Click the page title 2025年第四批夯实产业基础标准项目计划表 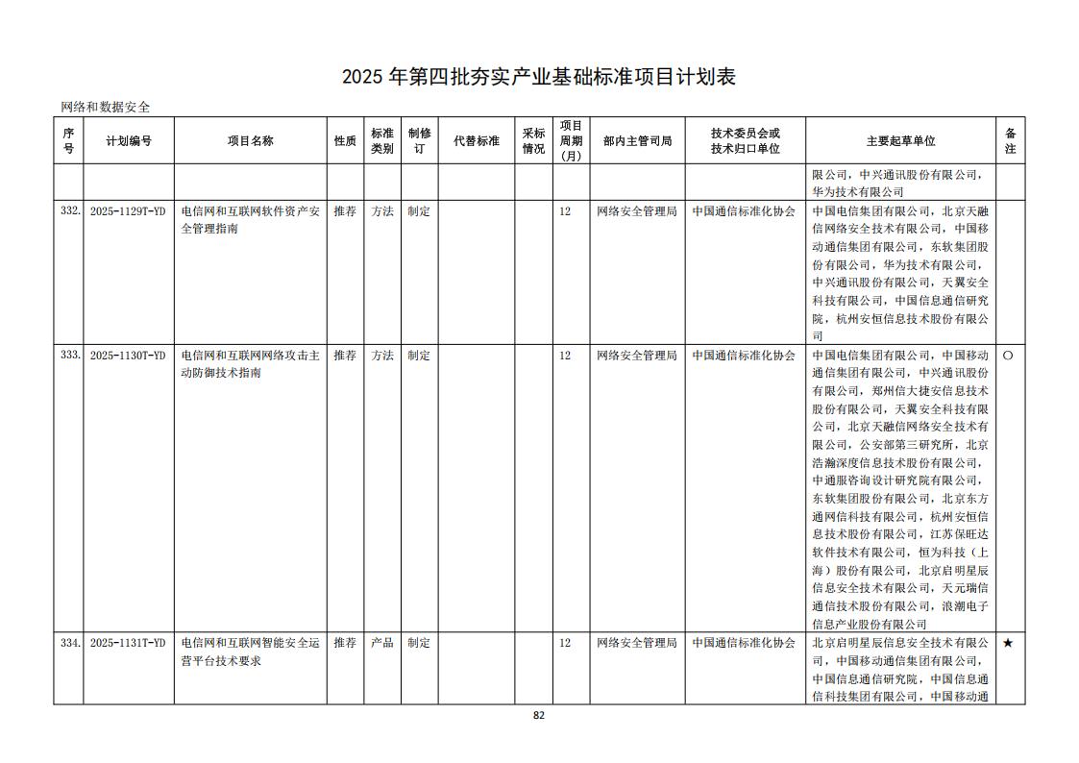[x=539, y=77]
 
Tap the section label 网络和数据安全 [x=106, y=108]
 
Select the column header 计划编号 [x=128, y=141]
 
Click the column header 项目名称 [x=250, y=141]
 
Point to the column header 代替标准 [x=477, y=141]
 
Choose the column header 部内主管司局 [x=637, y=141]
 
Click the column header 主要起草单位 [x=900, y=141]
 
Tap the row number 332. [x=69, y=210]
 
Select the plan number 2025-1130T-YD [x=128, y=355]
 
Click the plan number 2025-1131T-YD [x=128, y=643]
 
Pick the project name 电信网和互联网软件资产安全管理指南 [x=250, y=220]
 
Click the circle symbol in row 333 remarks [x=1008, y=355]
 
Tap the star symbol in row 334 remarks [x=1008, y=643]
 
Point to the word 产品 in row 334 [x=382, y=643]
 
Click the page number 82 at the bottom [x=539, y=715]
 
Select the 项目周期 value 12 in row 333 [x=565, y=355]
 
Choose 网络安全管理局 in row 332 [x=637, y=210]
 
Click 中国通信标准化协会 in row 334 [x=744, y=643]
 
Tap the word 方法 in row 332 [x=382, y=210]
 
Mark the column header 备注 [x=1010, y=141]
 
